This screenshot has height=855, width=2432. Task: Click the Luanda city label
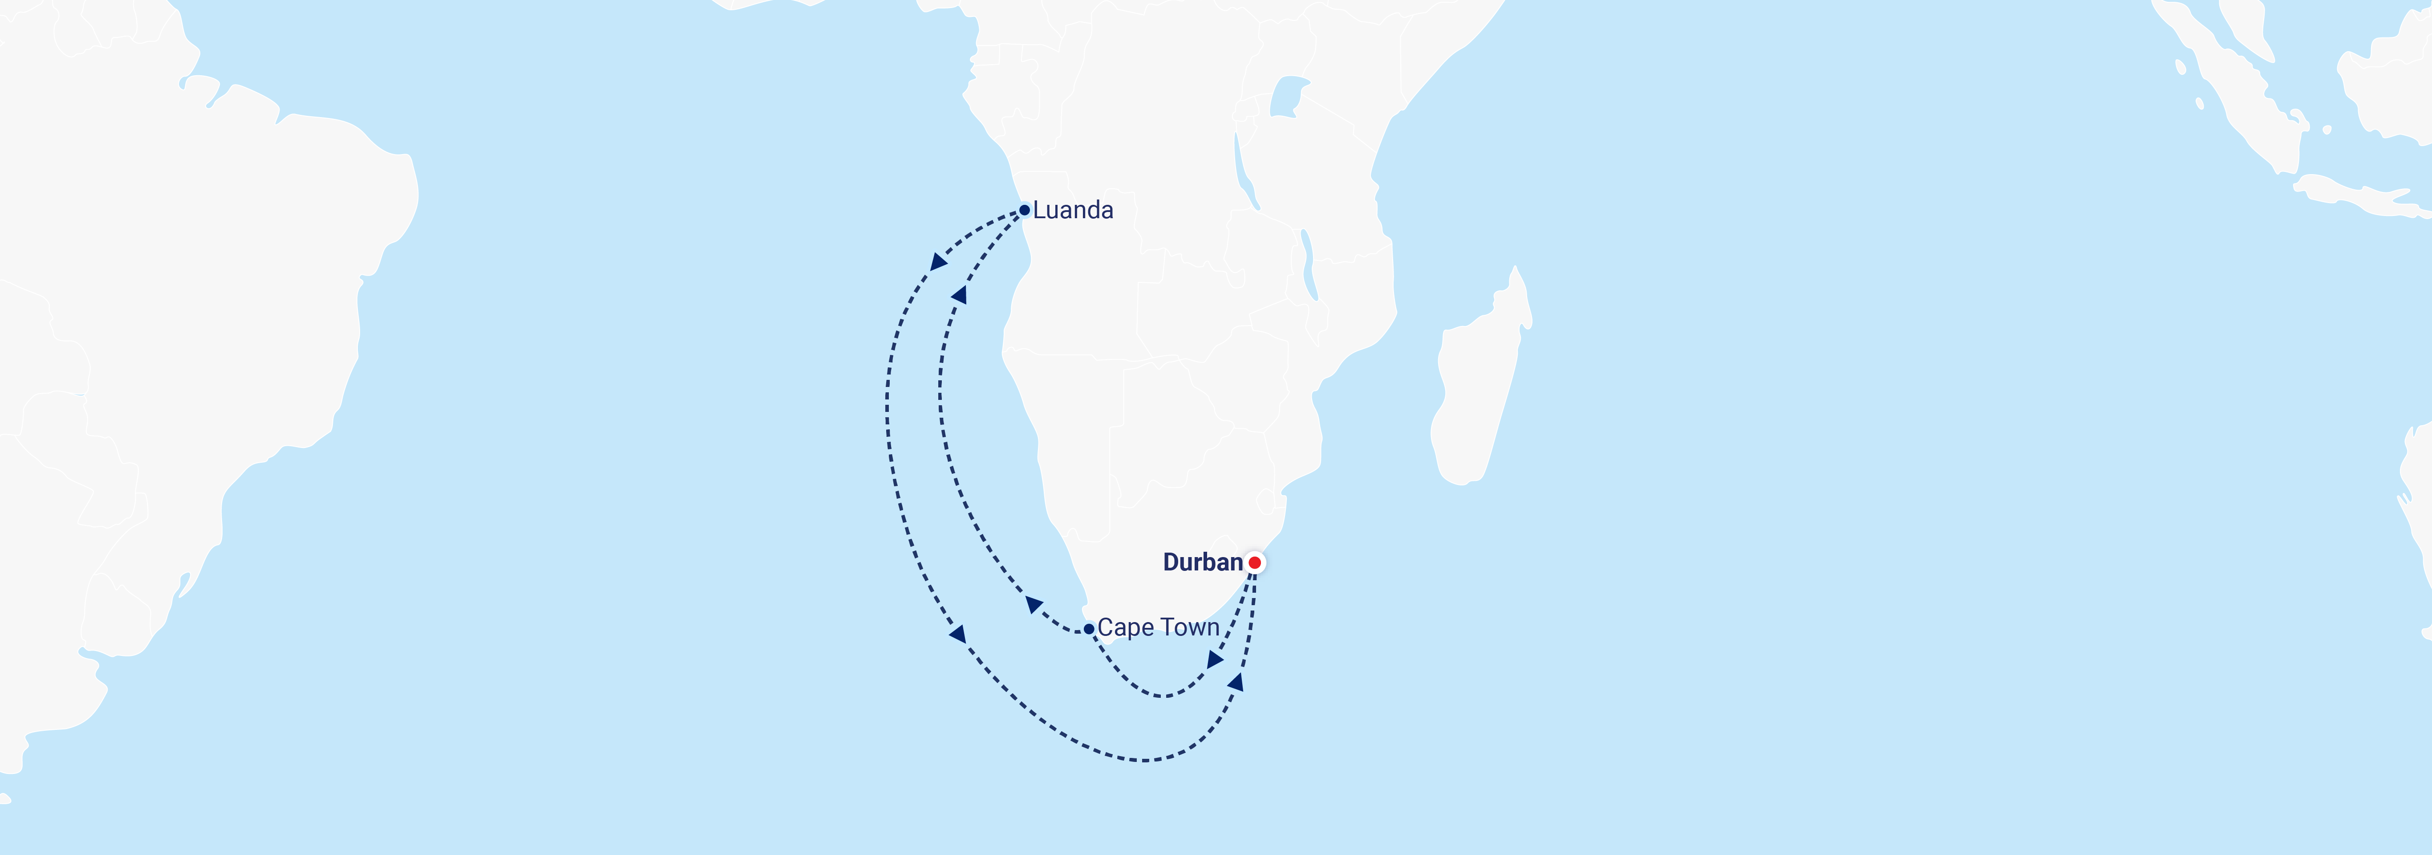pos(1073,210)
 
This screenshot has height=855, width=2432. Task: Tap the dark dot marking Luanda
pos(1024,210)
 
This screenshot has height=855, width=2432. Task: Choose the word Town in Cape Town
pos(1190,627)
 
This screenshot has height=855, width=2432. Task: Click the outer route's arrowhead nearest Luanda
pos(938,261)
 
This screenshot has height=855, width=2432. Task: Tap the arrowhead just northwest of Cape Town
pos(1034,605)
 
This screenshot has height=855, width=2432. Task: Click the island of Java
pos(2360,194)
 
